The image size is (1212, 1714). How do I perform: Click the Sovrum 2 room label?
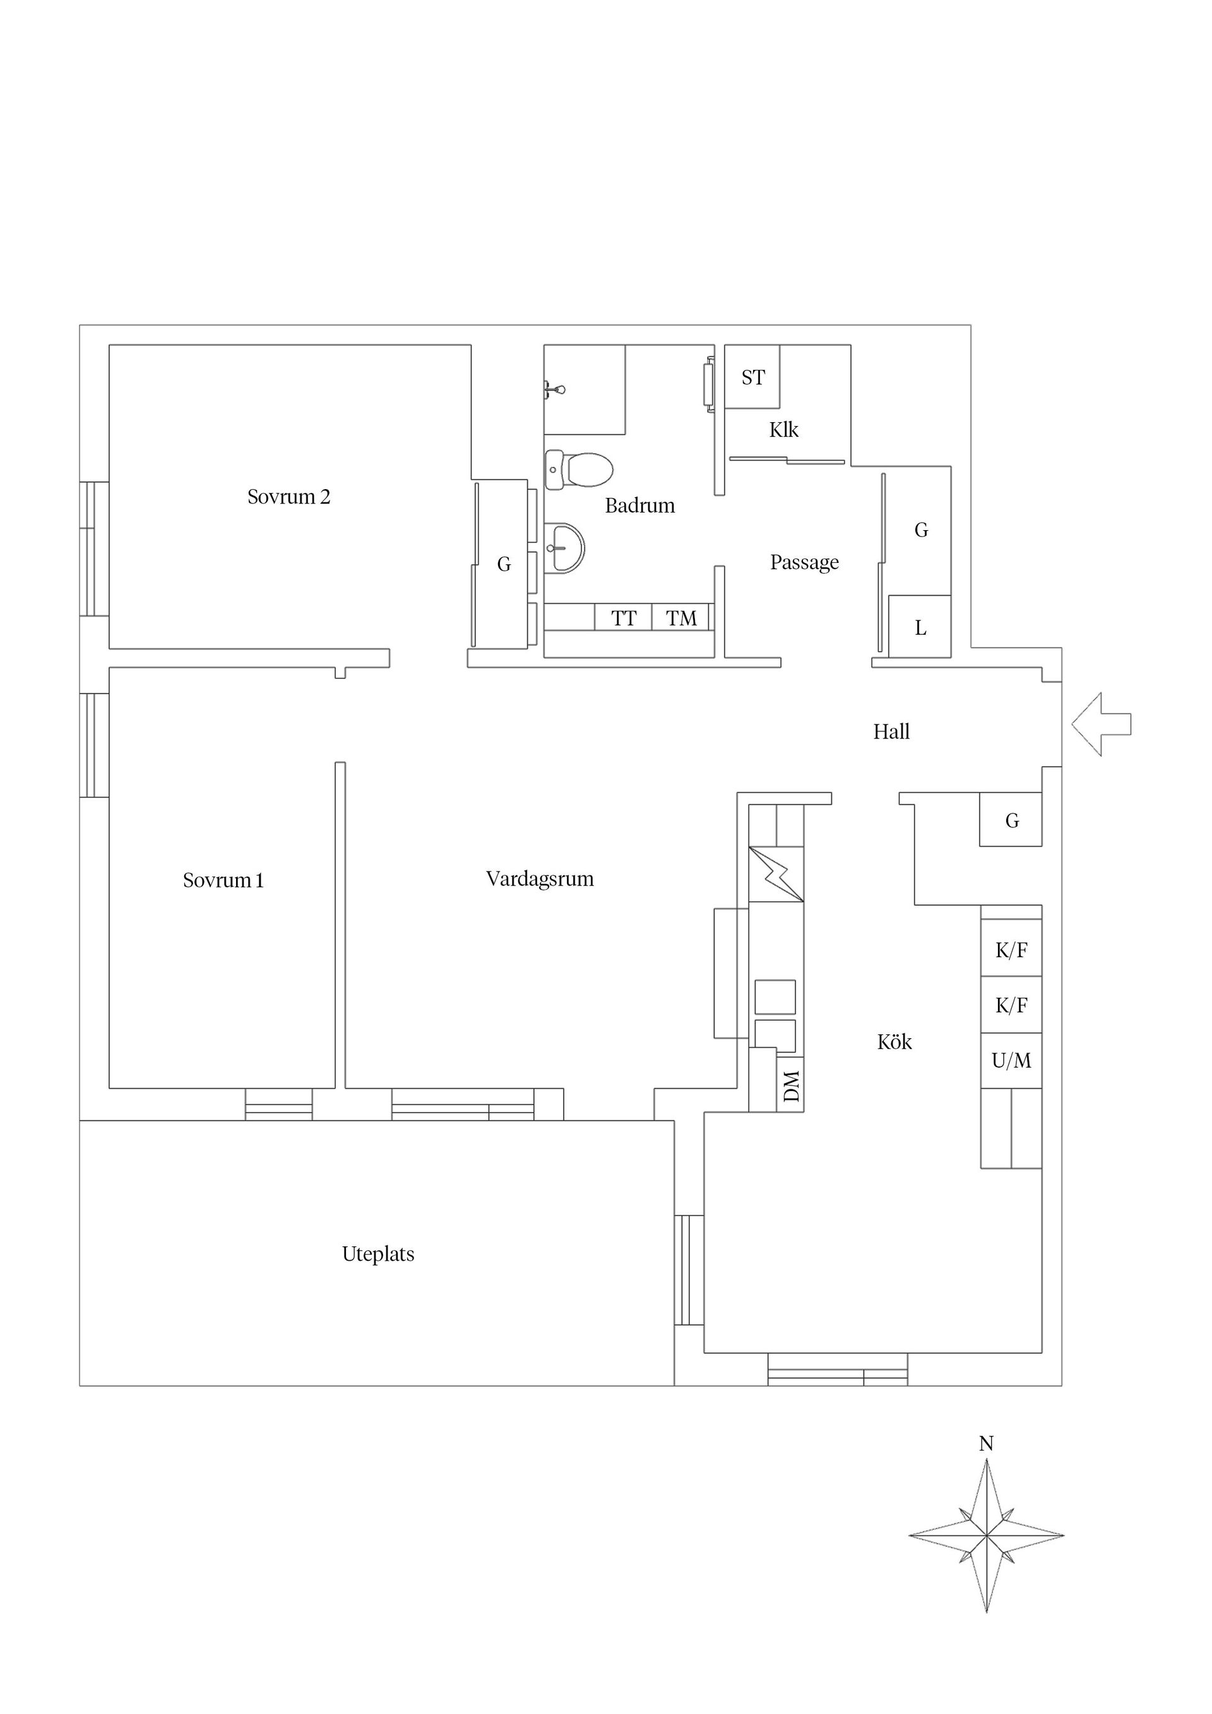coord(288,497)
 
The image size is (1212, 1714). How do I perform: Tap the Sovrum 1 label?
coord(223,881)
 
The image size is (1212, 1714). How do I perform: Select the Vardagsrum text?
coord(539,879)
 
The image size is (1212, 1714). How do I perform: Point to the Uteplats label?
coord(378,1254)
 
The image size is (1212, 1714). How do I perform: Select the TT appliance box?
coord(624,618)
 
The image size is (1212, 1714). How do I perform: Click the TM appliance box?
coord(680,618)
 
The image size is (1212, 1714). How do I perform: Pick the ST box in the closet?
coord(752,378)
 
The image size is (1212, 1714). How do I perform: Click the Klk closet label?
coord(783,430)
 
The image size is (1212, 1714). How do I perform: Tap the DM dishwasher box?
coord(791,1086)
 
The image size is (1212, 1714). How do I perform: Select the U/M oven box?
coord(1011,1061)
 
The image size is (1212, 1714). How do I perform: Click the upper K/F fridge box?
coord(1011,950)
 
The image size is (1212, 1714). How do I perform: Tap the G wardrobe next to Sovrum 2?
coord(504,565)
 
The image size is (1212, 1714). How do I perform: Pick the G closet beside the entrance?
coord(1011,820)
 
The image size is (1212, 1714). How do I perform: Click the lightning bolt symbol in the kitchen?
coord(776,873)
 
